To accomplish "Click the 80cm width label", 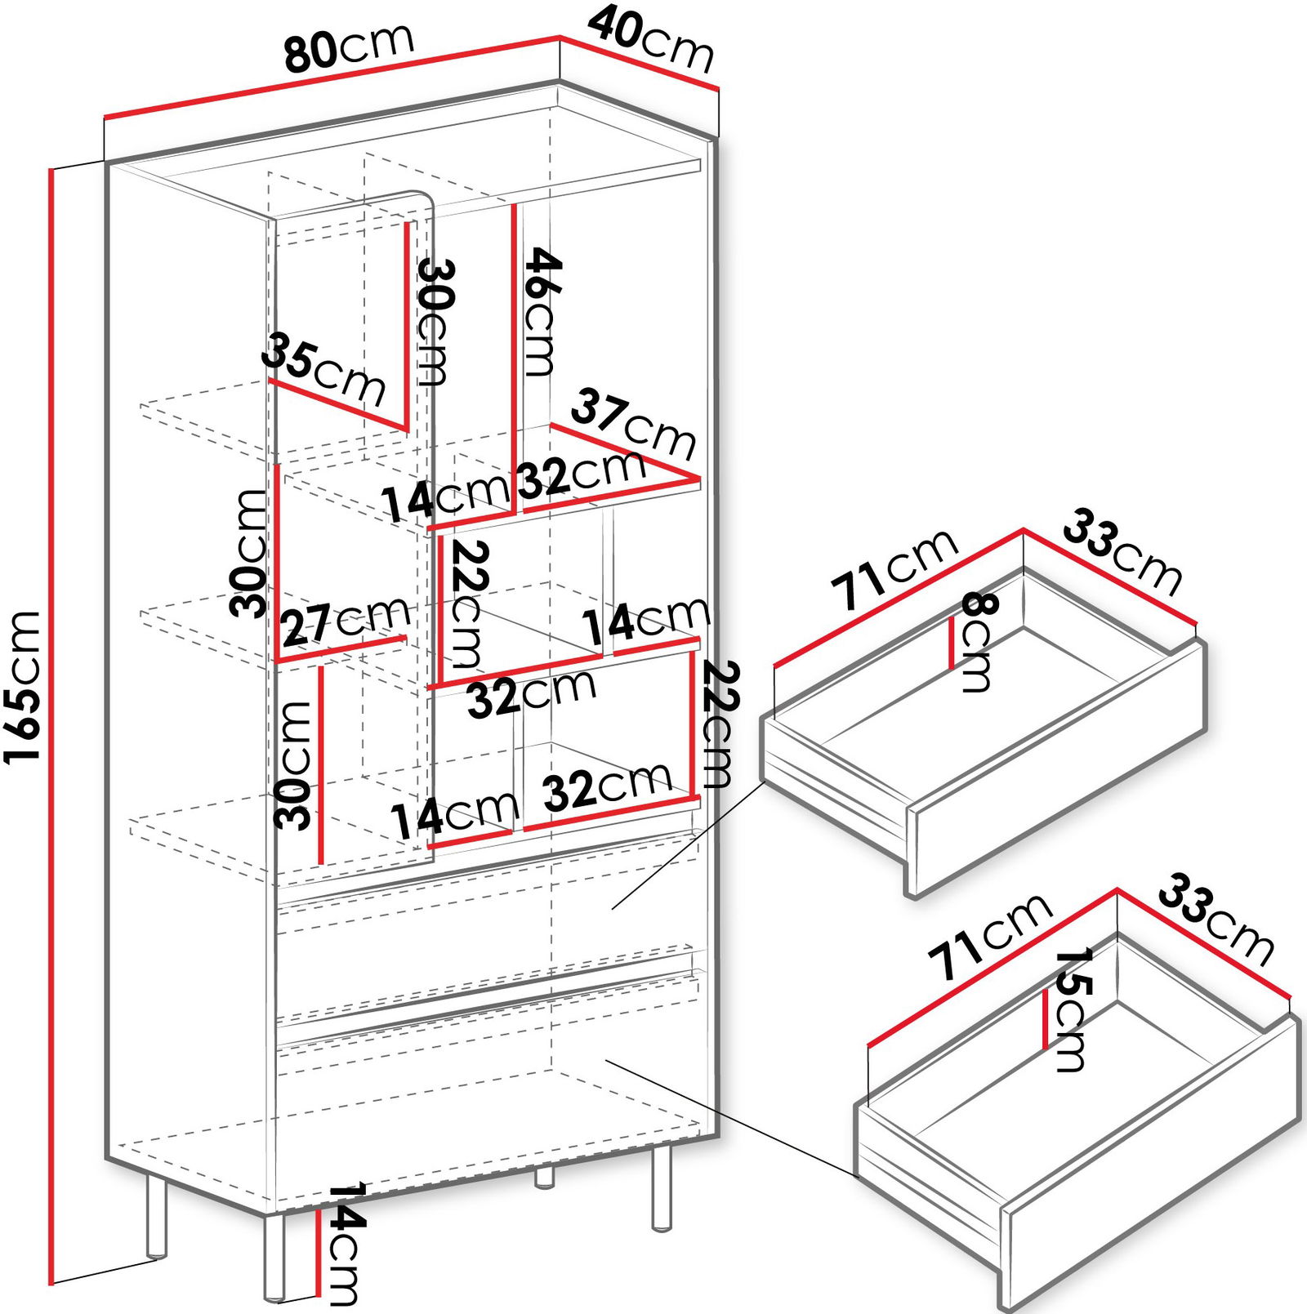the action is pos(350,49).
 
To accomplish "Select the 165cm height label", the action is pos(22,687).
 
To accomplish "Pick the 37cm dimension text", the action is pos(634,425).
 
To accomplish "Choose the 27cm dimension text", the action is pos(346,623).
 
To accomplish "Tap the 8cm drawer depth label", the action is pos(977,642).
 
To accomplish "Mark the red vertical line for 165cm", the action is pos(51,726).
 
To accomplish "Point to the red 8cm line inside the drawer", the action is pos(952,644).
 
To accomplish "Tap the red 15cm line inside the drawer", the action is pos(1046,1019).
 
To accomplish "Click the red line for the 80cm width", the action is pos(332,78).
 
